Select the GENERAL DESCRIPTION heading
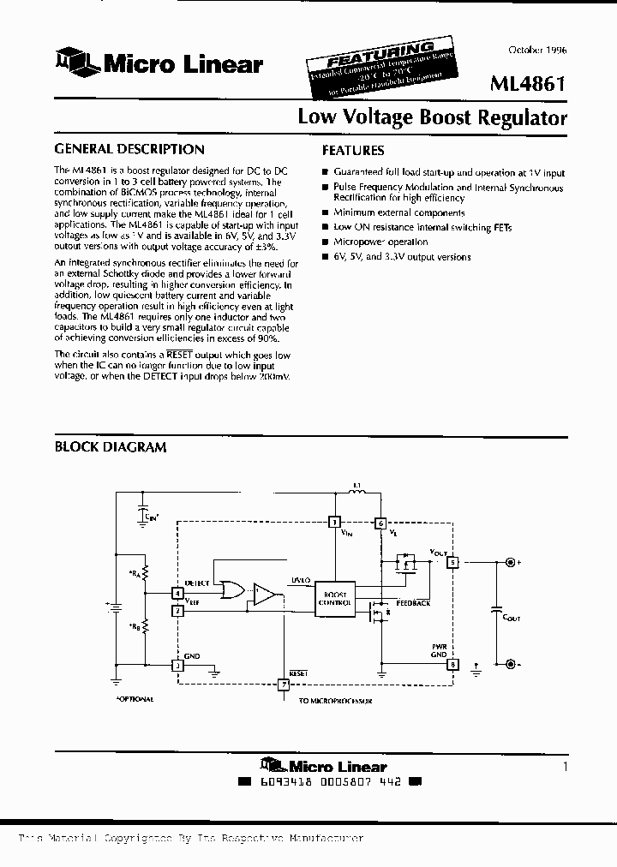click(129, 149)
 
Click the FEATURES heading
click(352, 150)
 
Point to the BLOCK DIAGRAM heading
click(111, 446)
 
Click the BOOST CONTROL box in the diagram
click(335, 596)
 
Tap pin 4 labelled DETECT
click(177, 592)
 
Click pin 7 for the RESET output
click(284, 684)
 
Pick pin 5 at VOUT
click(452, 563)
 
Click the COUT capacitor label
click(512, 617)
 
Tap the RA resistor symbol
click(146, 571)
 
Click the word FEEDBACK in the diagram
click(413, 603)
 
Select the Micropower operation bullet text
click(380, 242)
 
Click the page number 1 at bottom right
click(565, 767)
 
